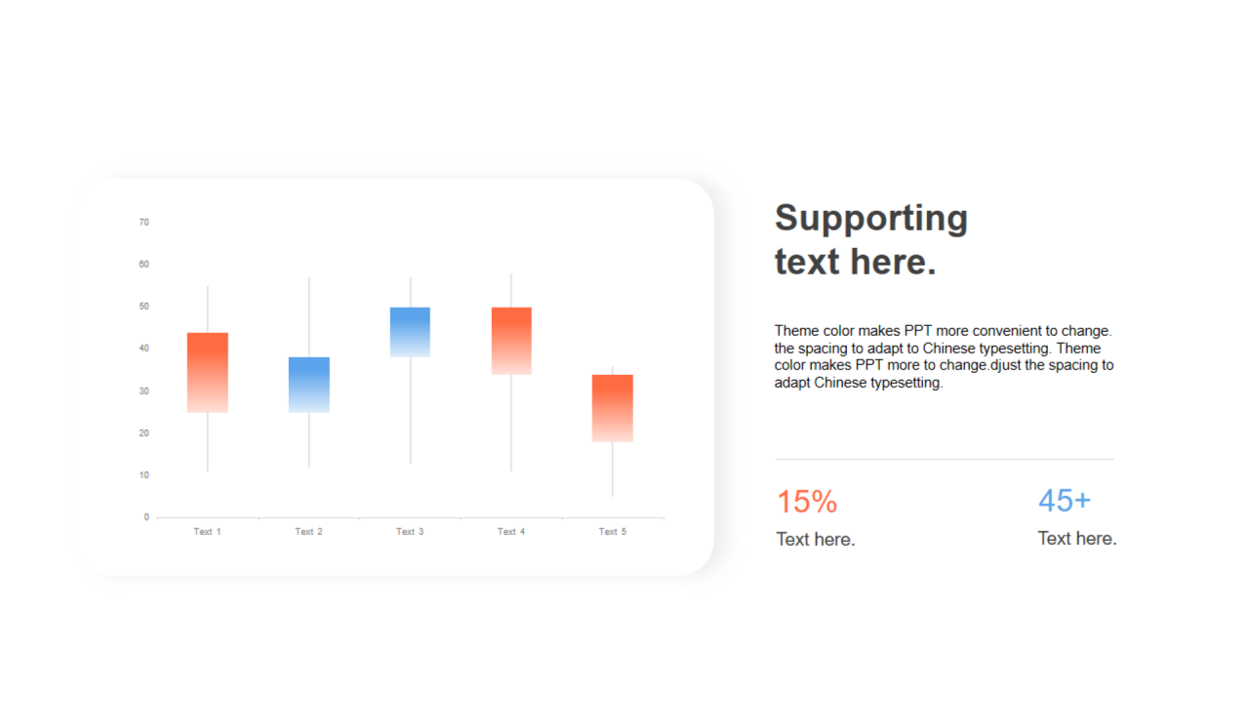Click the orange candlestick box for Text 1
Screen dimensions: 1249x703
(x=208, y=373)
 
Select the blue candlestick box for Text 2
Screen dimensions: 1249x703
(x=309, y=385)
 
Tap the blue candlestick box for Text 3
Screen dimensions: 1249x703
(x=410, y=332)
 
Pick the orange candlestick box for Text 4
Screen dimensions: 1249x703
(x=511, y=341)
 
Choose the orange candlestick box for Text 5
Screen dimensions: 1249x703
(x=612, y=408)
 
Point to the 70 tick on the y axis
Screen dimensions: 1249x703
(x=143, y=222)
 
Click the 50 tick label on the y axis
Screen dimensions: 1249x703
(x=143, y=307)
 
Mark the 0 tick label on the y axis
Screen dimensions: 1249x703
(x=146, y=517)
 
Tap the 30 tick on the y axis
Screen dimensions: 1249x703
(x=143, y=392)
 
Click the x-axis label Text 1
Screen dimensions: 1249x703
(x=208, y=532)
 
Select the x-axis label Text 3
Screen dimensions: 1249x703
(x=410, y=532)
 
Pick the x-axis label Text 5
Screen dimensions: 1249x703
(x=612, y=532)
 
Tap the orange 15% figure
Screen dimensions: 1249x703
(x=807, y=501)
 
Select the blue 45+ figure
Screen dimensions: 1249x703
(x=1065, y=500)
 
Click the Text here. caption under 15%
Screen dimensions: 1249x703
(x=815, y=540)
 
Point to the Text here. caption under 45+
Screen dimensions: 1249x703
(x=1076, y=538)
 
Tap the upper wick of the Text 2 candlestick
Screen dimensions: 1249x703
(x=309, y=317)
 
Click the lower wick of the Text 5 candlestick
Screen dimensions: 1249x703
(x=612, y=470)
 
